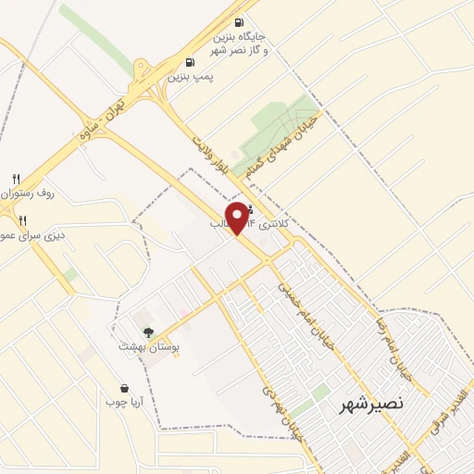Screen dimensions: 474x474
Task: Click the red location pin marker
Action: tap(239, 217)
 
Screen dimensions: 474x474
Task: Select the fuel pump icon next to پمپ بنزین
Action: tap(190, 63)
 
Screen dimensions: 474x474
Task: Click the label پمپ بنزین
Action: tap(190, 78)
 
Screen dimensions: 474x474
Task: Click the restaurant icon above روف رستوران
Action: tap(16, 179)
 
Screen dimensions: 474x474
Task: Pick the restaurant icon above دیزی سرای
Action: tap(22, 220)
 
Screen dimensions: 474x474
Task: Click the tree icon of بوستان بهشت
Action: tap(148, 331)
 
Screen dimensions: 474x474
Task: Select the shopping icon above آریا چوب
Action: tap(124, 388)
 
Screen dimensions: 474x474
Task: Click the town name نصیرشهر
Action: tap(371, 404)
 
